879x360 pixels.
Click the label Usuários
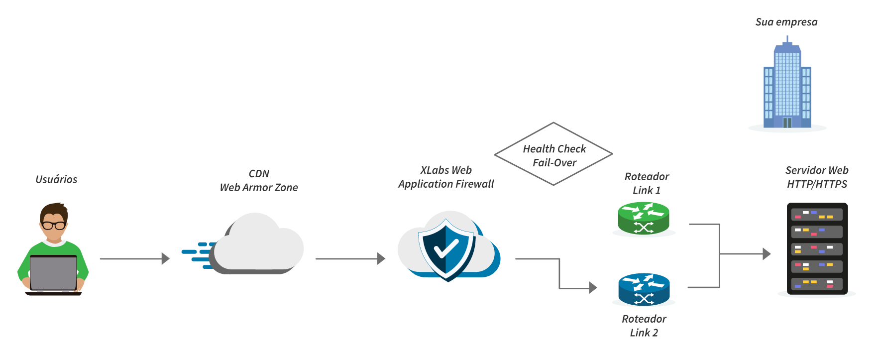[x=56, y=179]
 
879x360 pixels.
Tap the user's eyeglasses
[x=54, y=225]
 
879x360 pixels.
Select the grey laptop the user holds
[x=53, y=273]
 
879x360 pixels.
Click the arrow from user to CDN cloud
[x=135, y=259]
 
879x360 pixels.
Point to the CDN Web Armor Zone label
[x=259, y=181]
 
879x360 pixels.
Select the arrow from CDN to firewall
[x=350, y=259]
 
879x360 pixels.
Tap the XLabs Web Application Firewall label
[x=446, y=177]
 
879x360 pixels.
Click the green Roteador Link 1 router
[x=644, y=218]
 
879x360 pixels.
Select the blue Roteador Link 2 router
[x=644, y=289]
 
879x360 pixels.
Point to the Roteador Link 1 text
[x=647, y=183]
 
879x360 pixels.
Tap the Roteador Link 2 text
[x=644, y=326]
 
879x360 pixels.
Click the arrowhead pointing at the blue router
[x=593, y=287]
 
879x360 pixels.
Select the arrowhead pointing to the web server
[x=767, y=254]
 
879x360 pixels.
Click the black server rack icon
[x=817, y=248]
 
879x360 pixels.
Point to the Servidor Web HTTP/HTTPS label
[x=817, y=177]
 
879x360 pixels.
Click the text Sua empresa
[x=786, y=22]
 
